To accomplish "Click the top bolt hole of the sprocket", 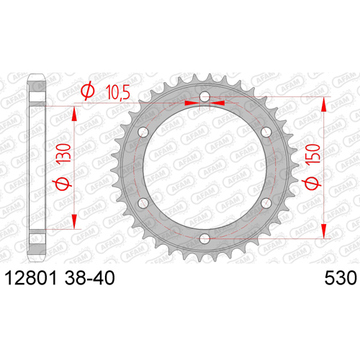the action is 205,97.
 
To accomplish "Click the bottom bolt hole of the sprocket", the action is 204,238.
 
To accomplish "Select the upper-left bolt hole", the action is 143,132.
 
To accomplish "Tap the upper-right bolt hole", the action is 266,132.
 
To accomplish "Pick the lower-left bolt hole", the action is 143,203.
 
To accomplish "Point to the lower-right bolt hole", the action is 266,203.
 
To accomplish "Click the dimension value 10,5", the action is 117,92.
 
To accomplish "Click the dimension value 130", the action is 64,153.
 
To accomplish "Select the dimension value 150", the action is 313,154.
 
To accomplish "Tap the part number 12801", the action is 31,278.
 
